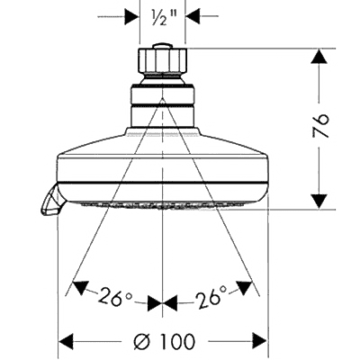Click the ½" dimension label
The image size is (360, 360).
(x=162, y=16)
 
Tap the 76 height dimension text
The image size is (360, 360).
(x=320, y=125)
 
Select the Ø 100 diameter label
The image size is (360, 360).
(x=165, y=341)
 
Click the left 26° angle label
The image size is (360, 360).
(x=114, y=296)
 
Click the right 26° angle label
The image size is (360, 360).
(x=211, y=295)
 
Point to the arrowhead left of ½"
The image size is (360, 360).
(x=132, y=16)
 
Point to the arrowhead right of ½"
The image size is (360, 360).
(x=193, y=16)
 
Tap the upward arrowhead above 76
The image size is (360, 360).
(x=319, y=57)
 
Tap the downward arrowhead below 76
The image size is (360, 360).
(x=319, y=202)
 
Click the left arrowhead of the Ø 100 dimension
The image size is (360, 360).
(x=66, y=341)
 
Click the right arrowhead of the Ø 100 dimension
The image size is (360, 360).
(x=259, y=341)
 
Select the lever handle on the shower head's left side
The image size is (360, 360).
(x=50, y=200)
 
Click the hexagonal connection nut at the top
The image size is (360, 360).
(x=162, y=61)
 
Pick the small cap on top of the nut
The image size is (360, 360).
(x=162, y=46)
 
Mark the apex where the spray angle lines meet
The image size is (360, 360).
(x=162, y=99)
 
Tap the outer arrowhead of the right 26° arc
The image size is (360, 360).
(x=243, y=287)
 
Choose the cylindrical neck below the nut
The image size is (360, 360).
(x=162, y=105)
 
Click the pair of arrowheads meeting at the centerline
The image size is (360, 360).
(x=162, y=303)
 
